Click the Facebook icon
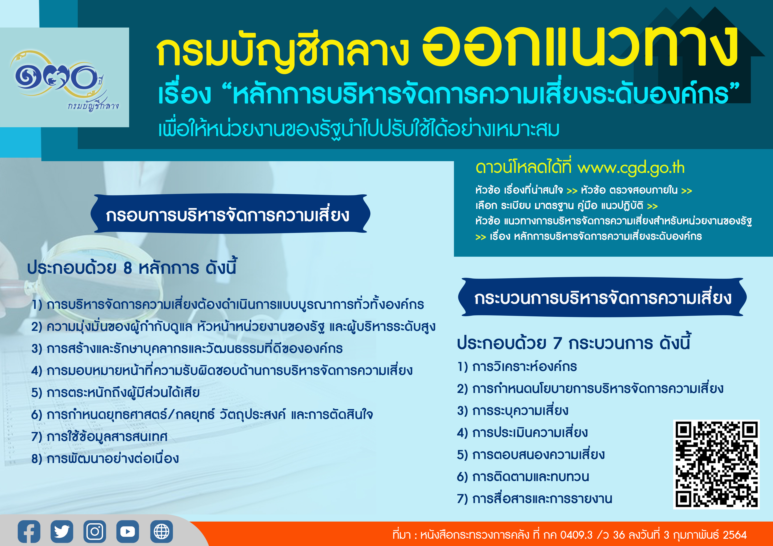pyautogui.click(x=29, y=531)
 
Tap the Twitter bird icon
pyautogui.click(x=62, y=531)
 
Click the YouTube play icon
pyautogui.click(x=128, y=531)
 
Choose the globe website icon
pyautogui.click(x=162, y=531)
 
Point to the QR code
pyautogui.click(x=716, y=464)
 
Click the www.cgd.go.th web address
pyautogui.click(x=631, y=168)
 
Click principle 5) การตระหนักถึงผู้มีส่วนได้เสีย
pyautogui.click(x=115, y=392)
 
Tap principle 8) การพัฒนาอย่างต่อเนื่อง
pyautogui.click(x=105, y=458)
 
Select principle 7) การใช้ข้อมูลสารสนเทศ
pyautogui.click(x=99, y=436)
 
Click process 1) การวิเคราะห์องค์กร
pyautogui.click(x=517, y=366)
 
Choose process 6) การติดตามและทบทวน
pyautogui.click(x=523, y=476)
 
